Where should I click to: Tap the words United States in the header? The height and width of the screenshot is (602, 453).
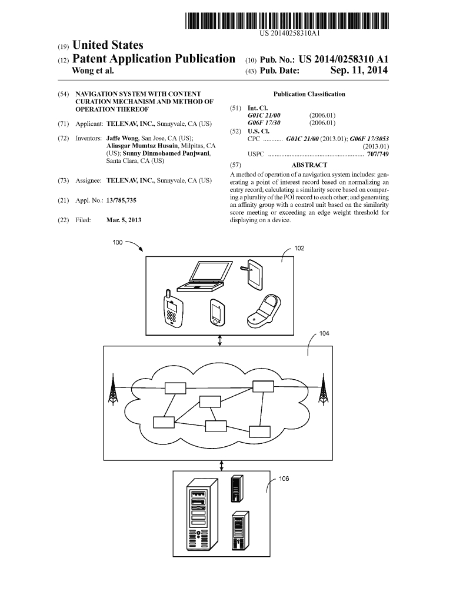[107, 45]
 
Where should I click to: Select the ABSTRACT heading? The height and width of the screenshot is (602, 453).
[309, 165]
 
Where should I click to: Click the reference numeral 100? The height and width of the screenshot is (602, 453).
[118, 242]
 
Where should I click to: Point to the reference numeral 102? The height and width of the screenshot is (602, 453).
[299, 249]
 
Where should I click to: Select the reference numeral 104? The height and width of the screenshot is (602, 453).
[324, 334]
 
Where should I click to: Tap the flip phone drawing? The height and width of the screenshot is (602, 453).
[264, 309]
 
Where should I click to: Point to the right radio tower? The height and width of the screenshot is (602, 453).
[322, 389]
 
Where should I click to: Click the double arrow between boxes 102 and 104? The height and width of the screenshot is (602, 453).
[219, 340]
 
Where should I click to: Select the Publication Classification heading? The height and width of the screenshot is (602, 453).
[309, 94]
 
